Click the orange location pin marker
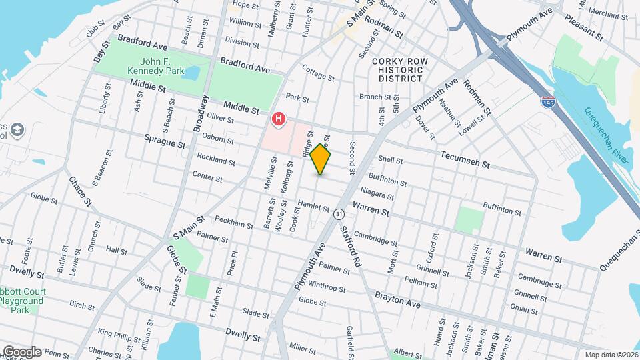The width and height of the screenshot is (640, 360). pos(321,159)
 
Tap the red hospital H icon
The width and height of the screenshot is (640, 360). pos(278,120)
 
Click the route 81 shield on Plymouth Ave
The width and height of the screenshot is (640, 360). pos(339,214)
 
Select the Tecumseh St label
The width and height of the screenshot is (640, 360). pos(465,159)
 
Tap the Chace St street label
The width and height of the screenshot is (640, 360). pos(79,192)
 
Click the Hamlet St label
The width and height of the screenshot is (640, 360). pos(314,207)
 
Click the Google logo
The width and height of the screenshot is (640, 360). pos(21,352)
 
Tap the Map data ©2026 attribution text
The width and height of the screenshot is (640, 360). pos(610,354)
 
